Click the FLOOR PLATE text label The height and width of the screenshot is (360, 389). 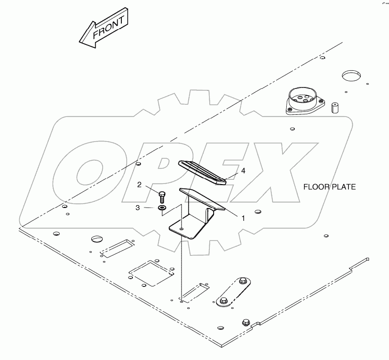[330, 187]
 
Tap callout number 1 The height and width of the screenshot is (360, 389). [243, 218]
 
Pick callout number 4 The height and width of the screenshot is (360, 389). [243, 171]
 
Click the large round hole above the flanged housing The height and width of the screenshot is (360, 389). [352, 76]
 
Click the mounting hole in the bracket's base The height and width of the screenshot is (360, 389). [182, 229]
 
